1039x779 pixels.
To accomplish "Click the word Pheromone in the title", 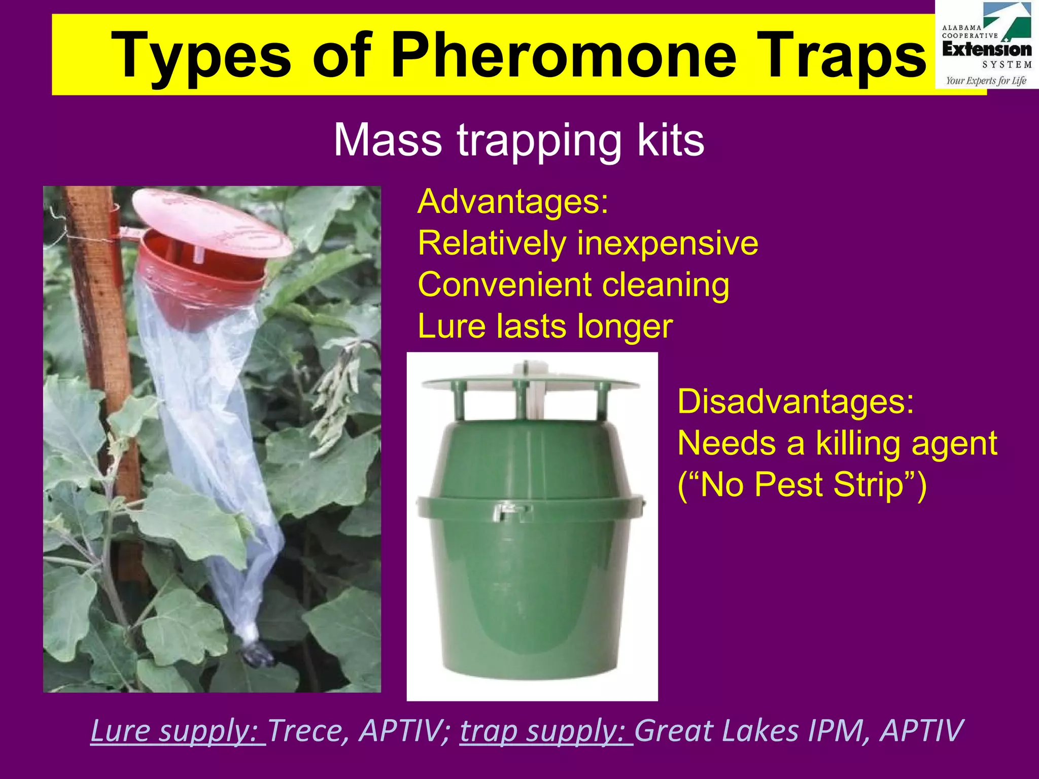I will click(564, 55).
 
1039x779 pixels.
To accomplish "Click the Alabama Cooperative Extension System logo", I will click(986, 46).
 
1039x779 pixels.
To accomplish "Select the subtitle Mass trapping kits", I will click(518, 140).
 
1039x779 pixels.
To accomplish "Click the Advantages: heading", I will click(512, 202).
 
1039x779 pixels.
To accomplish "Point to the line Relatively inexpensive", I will click(587, 243).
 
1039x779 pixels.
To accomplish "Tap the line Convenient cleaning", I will click(573, 285).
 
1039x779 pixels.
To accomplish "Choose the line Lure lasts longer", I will click(545, 326).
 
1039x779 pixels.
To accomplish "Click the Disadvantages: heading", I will click(795, 402).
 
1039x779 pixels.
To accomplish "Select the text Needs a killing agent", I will click(837, 443).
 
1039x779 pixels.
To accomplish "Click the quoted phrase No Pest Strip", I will click(802, 485).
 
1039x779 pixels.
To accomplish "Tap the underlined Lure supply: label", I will click(178, 731).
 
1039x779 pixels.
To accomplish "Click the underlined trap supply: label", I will click(546, 731).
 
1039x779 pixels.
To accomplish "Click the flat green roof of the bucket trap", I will click(530, 381).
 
